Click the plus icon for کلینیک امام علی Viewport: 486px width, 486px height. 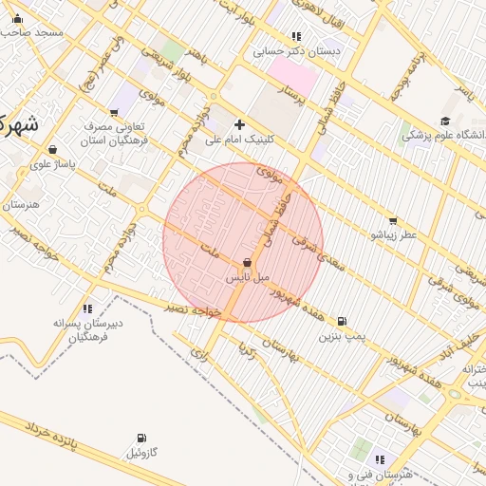(x=239, y=124)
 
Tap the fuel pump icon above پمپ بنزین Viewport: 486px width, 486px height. (x=342, y=321)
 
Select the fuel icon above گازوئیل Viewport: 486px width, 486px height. (x=141, y=438)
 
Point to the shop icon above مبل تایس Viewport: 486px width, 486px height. (x=248, y=262)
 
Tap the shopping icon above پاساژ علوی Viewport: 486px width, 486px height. (x=51, y=149)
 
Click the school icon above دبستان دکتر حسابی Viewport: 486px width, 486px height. (x=297, y=37)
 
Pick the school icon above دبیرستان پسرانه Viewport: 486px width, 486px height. (x=87, y=308)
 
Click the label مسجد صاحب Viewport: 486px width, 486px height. (x=34, y=31)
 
